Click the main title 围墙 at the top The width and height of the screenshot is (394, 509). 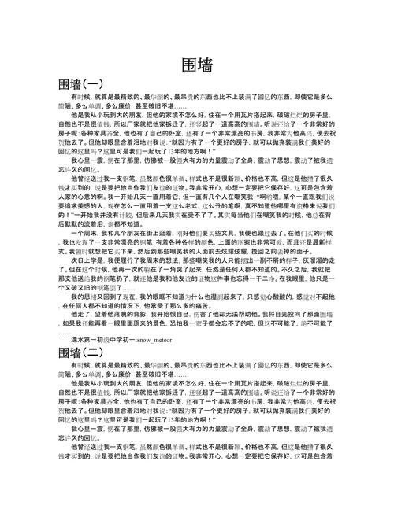197,66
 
